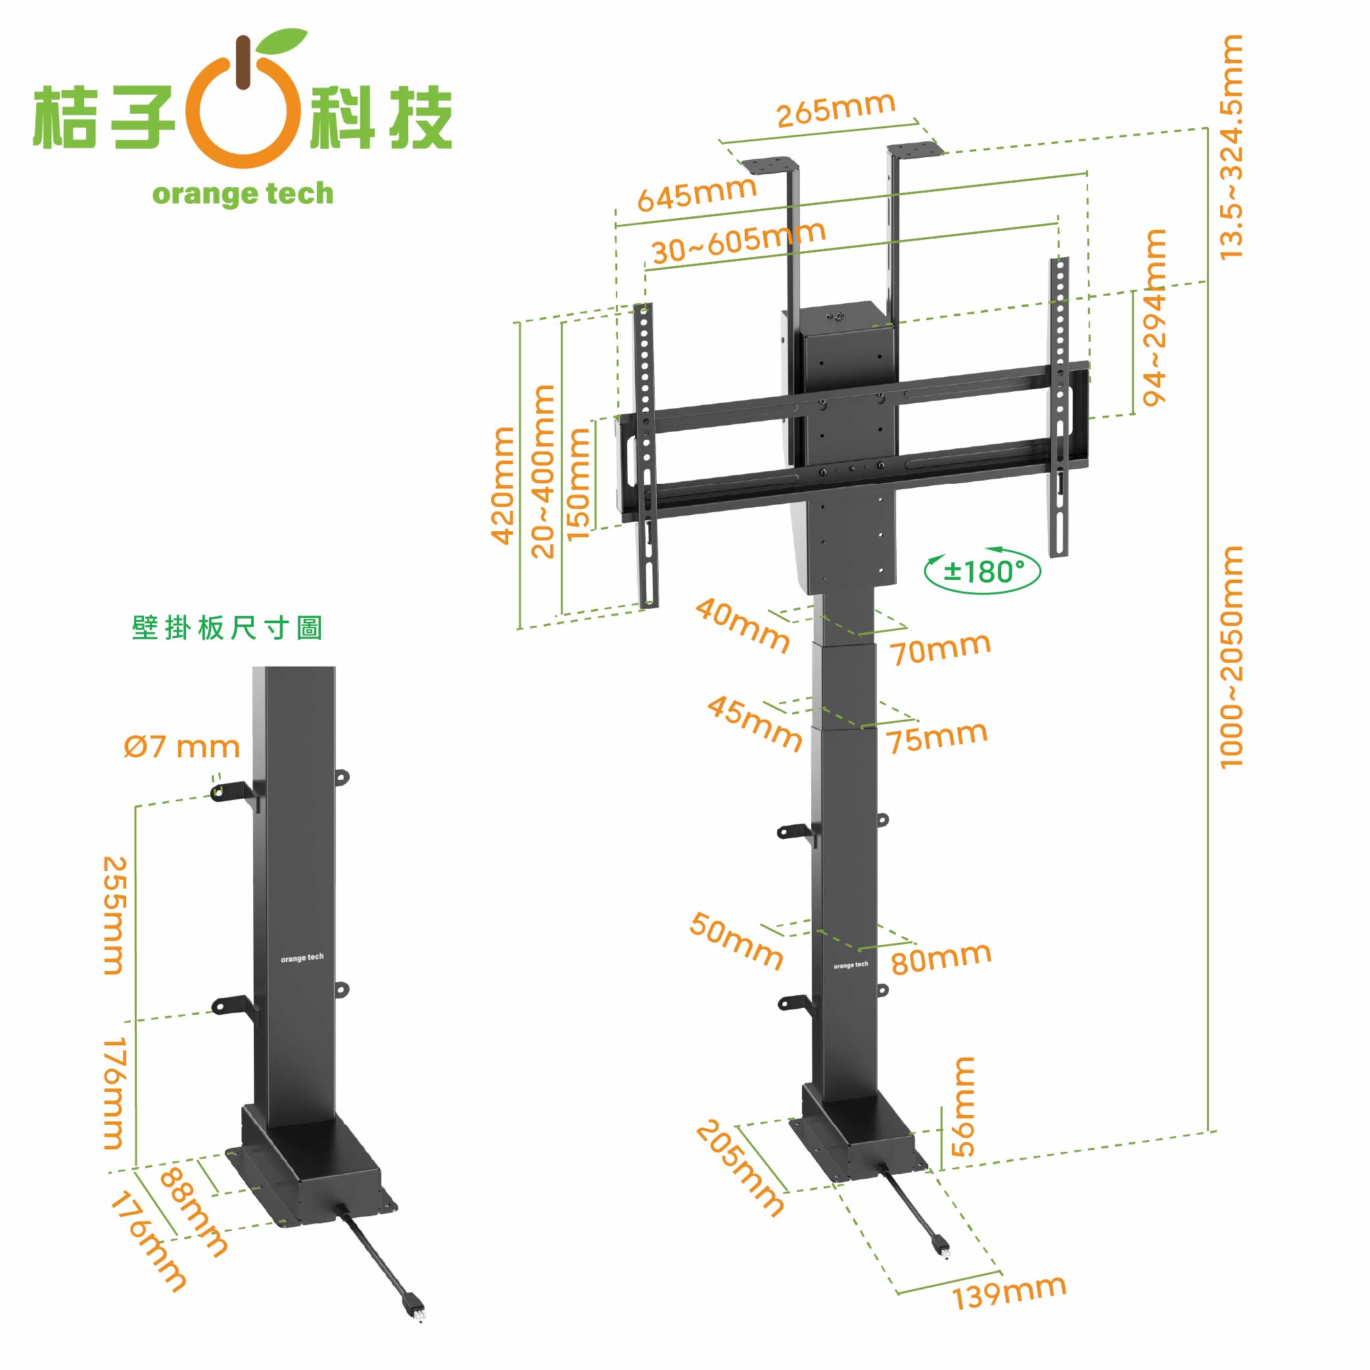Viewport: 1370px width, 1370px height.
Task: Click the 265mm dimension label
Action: click(x=836, y=110)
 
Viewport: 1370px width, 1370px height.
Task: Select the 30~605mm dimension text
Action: click(x=739, y=242)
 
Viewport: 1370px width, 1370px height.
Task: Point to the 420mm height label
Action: click(x=503, y=486)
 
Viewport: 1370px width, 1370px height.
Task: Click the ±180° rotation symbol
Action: click(x=983, y=571)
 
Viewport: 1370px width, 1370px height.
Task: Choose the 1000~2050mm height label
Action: click(x=1231, y=657)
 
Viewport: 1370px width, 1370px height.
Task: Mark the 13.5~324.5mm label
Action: click(x=1231, y=147)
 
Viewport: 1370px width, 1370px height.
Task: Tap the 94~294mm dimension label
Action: click(x=1154, y=318)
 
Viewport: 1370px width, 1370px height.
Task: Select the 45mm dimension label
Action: click(x=755, y=722)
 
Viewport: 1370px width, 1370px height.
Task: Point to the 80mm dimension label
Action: click(x=941, y=958)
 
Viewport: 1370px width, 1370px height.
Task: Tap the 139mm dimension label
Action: click(x=1009, y=1292)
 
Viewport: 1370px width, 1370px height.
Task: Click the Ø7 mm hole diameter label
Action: click(x=181, y=747)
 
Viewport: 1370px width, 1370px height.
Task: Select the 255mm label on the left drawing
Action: click(x=115, y=916)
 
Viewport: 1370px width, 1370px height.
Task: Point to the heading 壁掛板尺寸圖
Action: click(x=227, y=628)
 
